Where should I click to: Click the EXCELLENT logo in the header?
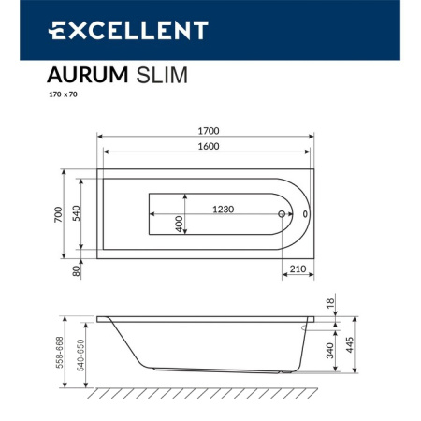127,31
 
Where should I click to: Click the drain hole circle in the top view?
282,214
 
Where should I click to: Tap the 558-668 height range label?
58,352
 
